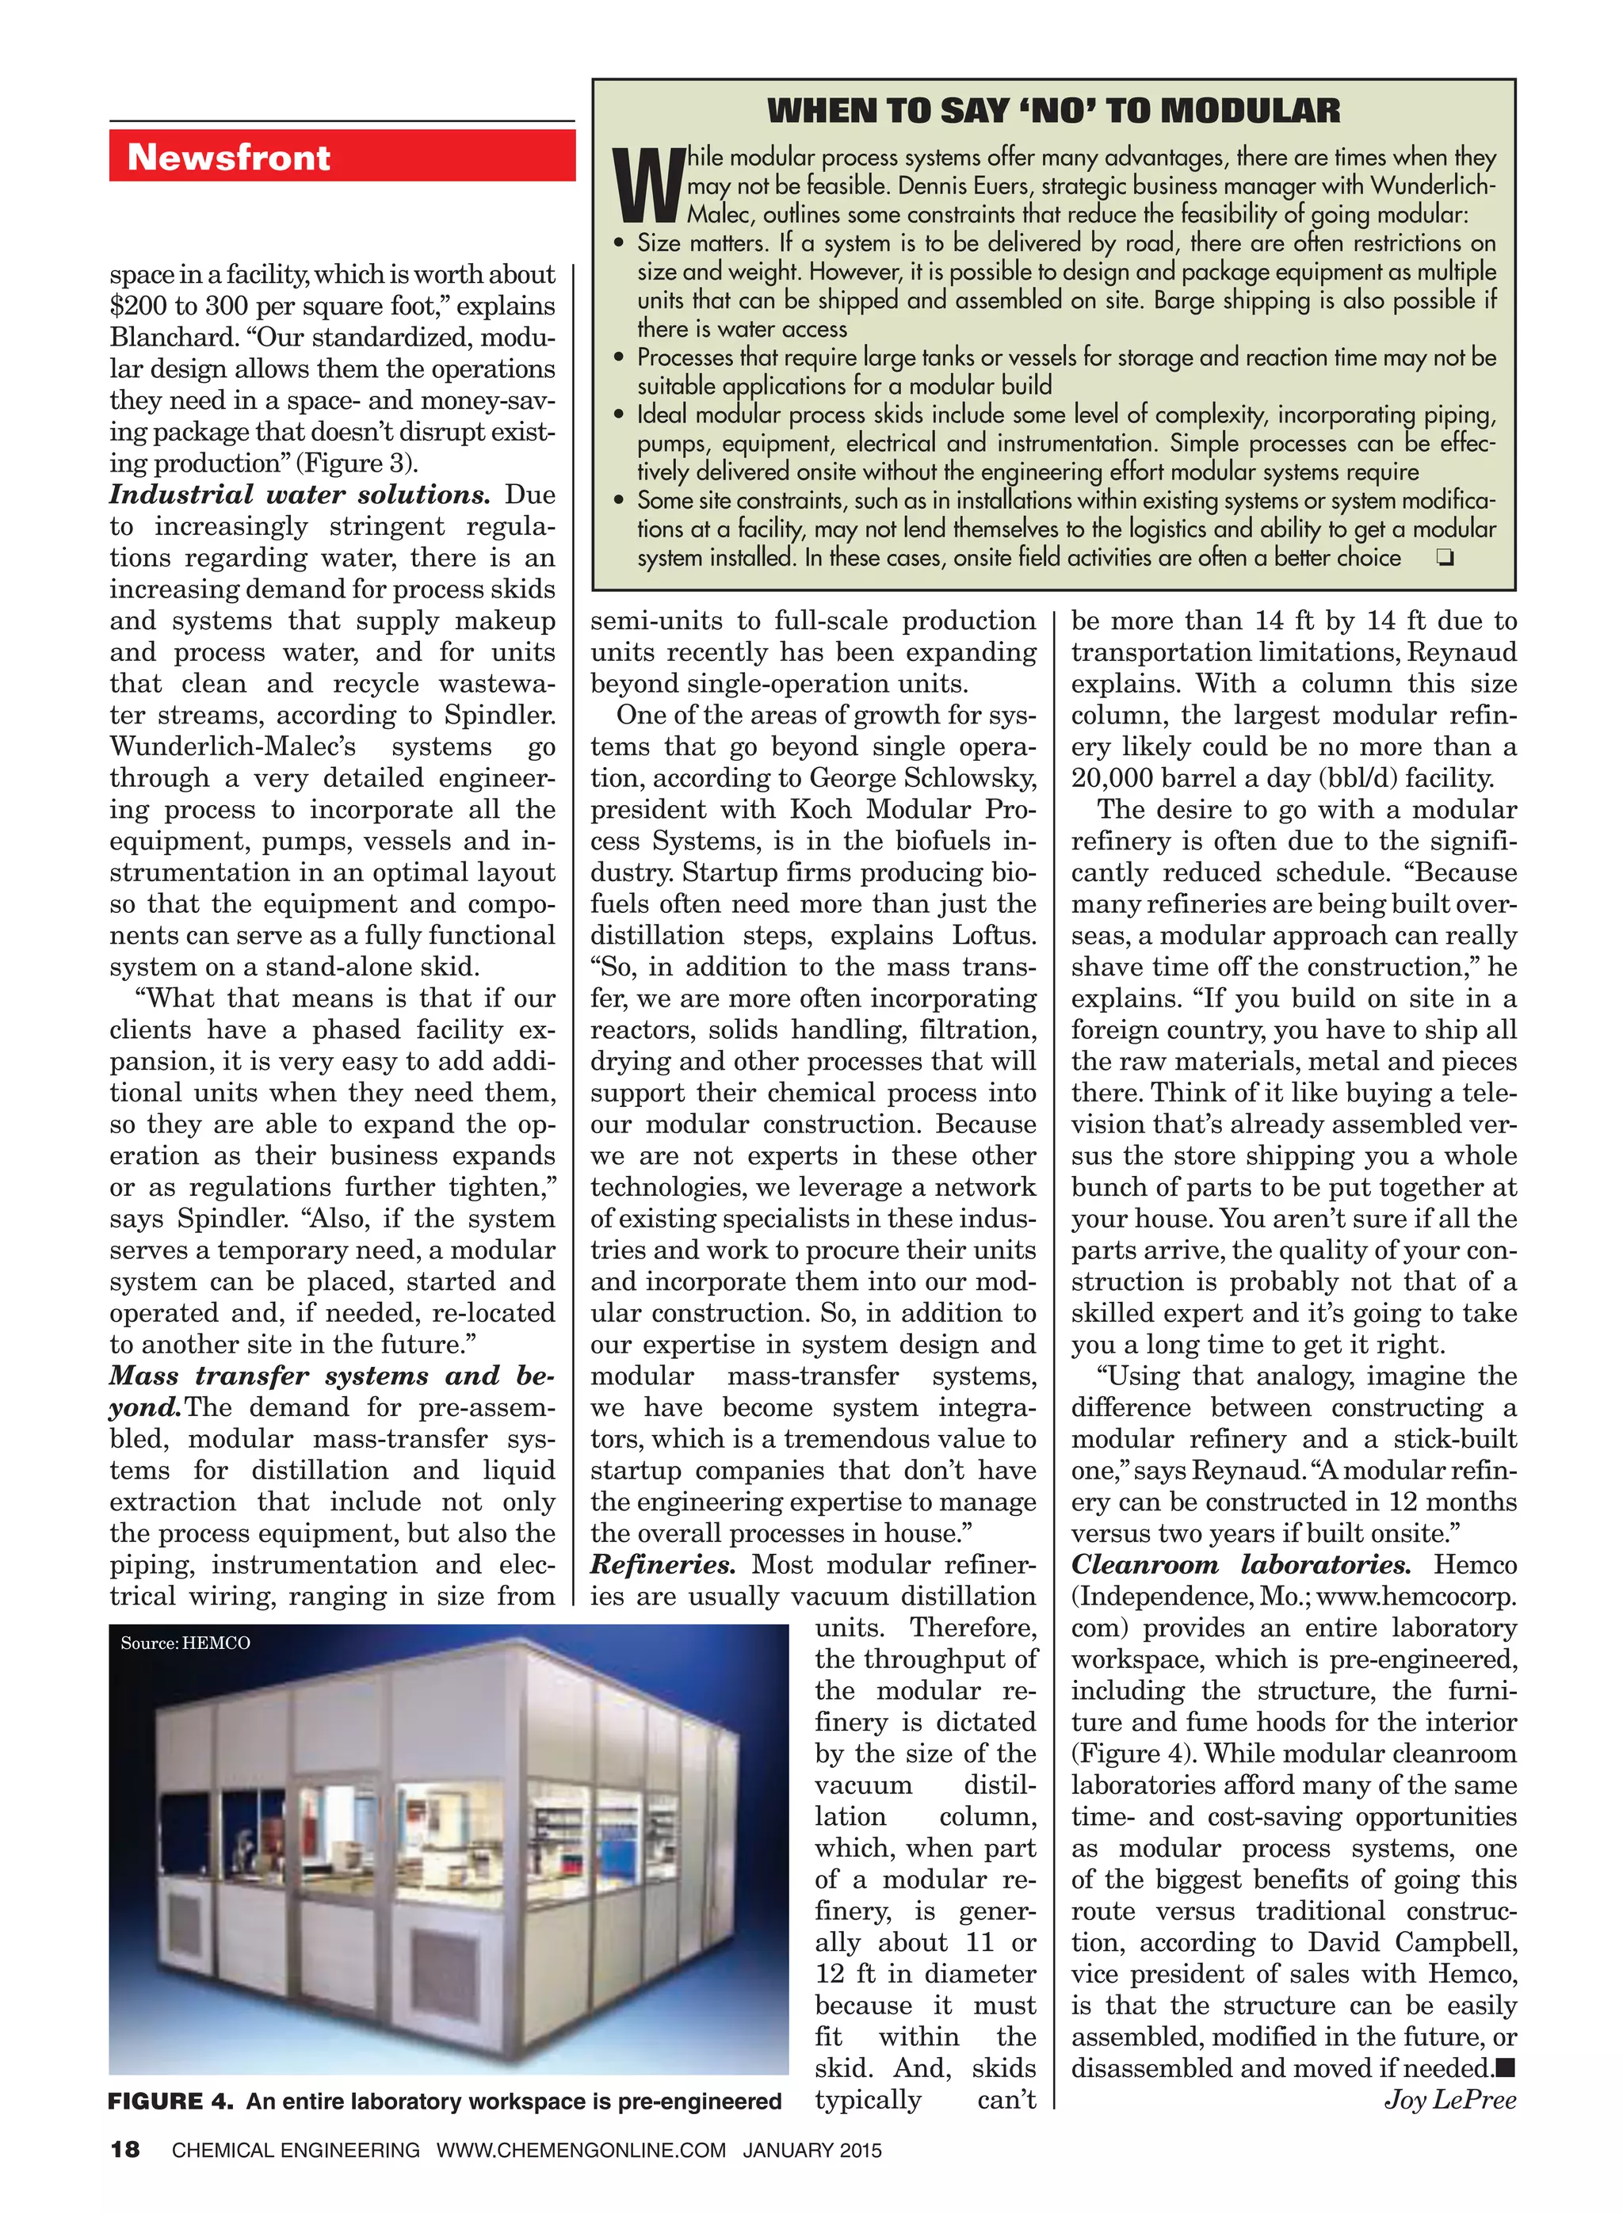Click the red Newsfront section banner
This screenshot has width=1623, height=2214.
[341, 156]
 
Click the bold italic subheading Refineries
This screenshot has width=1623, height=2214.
[663, 1565]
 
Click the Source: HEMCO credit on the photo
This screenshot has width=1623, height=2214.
[185, 1643]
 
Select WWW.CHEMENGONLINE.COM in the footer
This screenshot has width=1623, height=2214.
[581, 2151]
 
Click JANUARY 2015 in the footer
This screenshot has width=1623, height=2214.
[811, 2151]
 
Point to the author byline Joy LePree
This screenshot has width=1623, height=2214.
[1450, 2100]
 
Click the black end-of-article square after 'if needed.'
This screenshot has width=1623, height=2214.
[1505, 2069]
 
